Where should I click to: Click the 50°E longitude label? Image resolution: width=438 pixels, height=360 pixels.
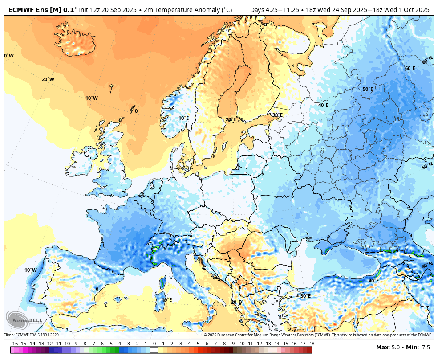point(367,89)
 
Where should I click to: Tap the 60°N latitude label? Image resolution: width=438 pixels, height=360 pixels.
point(427,61)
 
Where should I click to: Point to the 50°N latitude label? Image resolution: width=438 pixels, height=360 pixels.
point(427,167)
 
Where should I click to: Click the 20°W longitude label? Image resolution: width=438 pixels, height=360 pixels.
point(48,79)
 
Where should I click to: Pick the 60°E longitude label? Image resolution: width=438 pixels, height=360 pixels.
point(410,68)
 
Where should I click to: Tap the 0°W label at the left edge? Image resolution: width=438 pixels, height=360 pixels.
point(9,56)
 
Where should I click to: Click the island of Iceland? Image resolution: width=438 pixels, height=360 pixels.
point(76,42)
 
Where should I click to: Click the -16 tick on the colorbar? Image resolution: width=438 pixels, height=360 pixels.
point(14,344)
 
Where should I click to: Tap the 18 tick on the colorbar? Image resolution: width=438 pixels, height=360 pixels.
point(312,344)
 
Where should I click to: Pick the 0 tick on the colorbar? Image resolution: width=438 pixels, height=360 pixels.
point(154,344)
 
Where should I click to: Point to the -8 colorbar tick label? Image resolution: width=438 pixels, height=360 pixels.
point(84,344)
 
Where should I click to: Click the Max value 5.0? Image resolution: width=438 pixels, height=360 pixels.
point(395,347)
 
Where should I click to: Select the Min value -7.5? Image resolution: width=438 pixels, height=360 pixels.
point(424,347)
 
